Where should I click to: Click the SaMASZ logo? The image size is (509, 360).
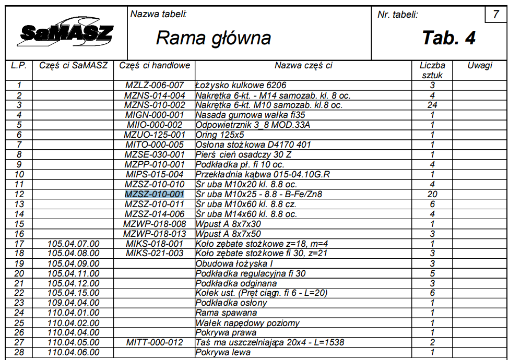point(66,34)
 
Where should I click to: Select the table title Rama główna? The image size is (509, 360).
point(214,38)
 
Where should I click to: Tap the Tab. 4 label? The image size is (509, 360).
point(448,38)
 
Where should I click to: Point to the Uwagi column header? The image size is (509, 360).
point(480,66)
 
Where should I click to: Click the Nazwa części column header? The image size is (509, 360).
point(303,66)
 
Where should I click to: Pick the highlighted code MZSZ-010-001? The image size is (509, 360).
point(155,194)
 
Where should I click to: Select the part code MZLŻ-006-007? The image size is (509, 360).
point(155,85)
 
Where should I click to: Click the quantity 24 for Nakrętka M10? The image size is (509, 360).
point(432,105)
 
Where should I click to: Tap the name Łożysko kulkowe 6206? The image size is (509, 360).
point(241,85)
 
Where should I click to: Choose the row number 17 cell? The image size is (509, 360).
point(19,244)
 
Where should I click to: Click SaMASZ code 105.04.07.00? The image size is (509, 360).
point(73,244)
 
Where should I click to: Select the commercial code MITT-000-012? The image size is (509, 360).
point(155,342)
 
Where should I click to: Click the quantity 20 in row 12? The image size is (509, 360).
point(432,194)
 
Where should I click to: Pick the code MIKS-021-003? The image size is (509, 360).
point(155,254)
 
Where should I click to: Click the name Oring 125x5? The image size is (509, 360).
point(220,135)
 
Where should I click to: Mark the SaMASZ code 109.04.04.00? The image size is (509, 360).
point(73,303)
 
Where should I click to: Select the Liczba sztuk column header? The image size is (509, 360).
point(432,70)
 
